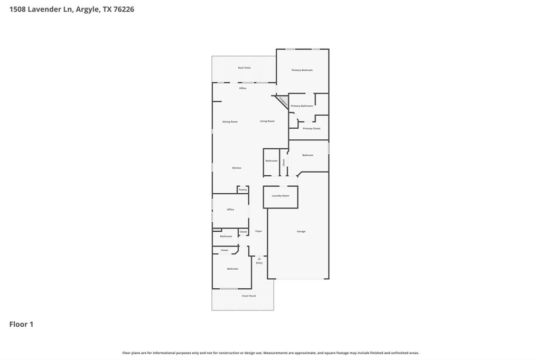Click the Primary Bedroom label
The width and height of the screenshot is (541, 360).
(x=302, y=70)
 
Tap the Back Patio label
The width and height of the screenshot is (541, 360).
(x=244, y=68)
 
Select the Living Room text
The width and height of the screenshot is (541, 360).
(x=267, y=121)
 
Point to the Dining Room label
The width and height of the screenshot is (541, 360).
(x=230, y=122)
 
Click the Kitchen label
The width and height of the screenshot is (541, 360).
(x=237, y=168)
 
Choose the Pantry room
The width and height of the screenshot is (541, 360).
(x=242, y=190)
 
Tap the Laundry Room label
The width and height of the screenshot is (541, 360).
(x=281, y=196)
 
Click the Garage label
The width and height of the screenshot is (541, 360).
(x=301, y=231)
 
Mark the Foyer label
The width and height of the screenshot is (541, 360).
(x=258, y=231)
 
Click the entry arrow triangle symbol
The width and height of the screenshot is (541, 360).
(x=259, y=259)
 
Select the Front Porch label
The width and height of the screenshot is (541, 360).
(x=249, y=296)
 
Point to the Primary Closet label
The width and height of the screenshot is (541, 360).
(x=311, y=128)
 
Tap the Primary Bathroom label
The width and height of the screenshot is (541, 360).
(x=302, y=106)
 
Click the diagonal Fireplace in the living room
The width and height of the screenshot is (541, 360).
(x=282, y=101)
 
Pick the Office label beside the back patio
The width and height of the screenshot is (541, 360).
(x=242, y=88)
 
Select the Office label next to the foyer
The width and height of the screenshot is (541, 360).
(x=230, y=210)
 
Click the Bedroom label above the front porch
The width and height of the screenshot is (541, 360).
(x=232, y=269)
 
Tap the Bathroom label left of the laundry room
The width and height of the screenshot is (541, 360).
(x=272, y=160)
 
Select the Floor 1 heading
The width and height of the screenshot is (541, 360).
(x=21, y=324)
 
